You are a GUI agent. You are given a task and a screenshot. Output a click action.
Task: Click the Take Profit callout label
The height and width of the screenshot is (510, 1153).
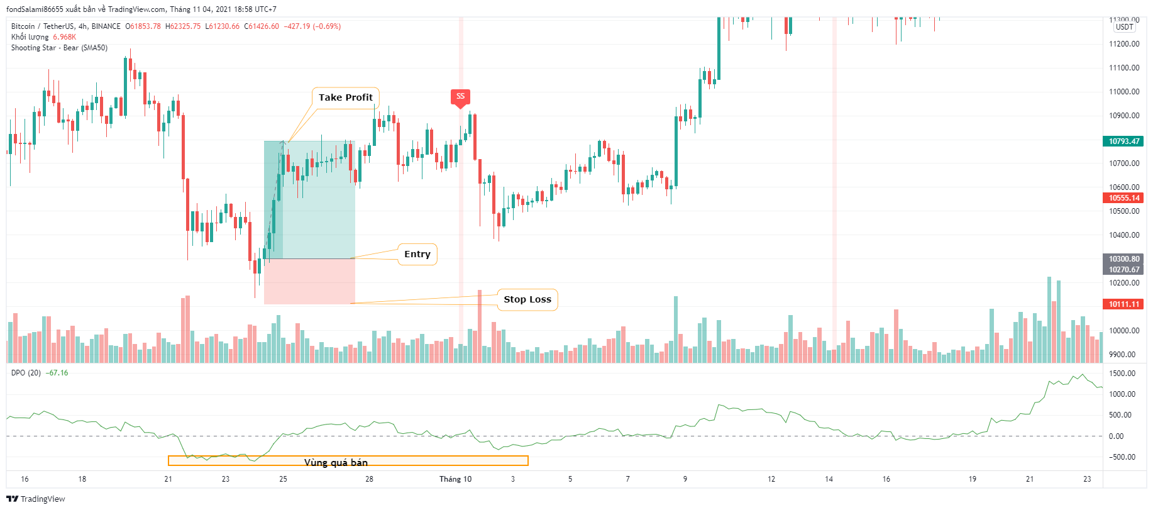345,97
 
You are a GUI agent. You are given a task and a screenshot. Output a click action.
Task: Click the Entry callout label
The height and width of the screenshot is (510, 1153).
417,254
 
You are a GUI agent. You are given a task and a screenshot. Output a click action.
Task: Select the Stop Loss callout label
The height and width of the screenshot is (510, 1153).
527,299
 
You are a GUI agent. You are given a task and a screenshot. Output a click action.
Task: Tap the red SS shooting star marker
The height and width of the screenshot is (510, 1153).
460,97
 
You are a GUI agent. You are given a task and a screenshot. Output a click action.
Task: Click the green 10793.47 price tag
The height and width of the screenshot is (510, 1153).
1123,141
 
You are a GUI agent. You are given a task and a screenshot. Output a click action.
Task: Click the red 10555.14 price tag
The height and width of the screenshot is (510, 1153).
1123,198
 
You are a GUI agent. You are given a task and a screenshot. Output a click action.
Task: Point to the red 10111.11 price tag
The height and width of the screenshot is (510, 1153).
1123,304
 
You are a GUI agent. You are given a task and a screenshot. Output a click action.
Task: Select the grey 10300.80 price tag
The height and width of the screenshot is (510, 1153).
1123,259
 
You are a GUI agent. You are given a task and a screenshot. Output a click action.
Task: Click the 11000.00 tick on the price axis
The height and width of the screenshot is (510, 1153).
1123,92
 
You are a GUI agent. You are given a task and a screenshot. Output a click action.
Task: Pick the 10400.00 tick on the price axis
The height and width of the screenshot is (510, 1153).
1123,235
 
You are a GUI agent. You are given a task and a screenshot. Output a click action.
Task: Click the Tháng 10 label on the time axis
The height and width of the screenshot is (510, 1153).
455,479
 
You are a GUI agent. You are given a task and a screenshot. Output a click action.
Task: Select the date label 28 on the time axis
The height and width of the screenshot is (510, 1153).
369,479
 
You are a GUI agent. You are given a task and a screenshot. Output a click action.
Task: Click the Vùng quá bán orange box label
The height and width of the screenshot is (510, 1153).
336,462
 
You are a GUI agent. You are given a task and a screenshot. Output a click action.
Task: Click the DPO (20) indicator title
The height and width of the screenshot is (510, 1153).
26,373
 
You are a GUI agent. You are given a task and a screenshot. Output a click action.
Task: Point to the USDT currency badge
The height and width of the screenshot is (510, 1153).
1124,27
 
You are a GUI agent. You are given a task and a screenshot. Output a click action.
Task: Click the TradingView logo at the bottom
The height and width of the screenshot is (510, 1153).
36,499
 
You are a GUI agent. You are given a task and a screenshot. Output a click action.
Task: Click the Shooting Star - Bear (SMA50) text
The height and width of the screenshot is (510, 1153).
59,48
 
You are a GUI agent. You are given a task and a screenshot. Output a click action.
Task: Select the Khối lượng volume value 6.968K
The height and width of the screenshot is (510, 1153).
65,37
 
